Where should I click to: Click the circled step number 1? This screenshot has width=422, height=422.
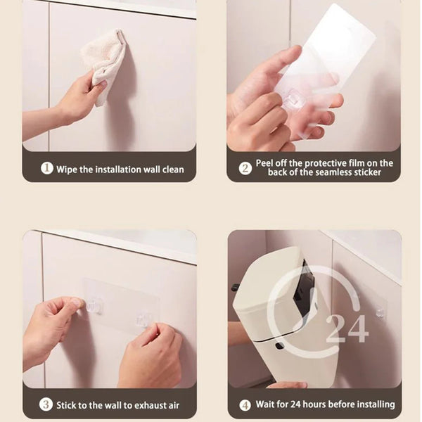point(47,169)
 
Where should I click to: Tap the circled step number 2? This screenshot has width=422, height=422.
point(245,168)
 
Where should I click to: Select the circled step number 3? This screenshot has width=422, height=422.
point(46,404)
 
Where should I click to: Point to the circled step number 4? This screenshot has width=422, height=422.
point(245,405)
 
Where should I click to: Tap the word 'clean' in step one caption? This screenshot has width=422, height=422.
point(173,170)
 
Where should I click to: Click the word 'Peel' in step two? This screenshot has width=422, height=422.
point(265,163)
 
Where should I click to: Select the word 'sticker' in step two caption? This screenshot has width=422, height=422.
point(367,172)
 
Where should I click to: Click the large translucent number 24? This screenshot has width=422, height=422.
point(347,329)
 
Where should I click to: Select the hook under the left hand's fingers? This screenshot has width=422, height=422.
point(94,306)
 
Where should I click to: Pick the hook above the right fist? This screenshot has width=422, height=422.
point(143,320)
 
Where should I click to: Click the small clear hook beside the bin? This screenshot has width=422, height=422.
point(380,312)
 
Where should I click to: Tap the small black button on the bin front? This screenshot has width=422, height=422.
point(279,345)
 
